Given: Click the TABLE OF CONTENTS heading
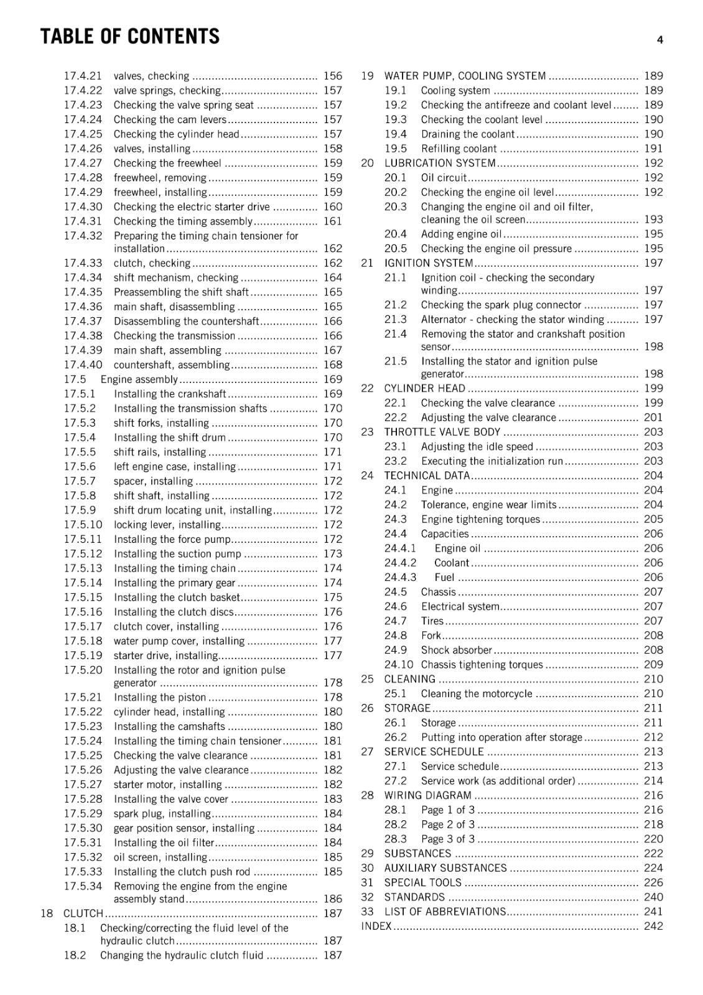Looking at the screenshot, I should (x=129, y=37).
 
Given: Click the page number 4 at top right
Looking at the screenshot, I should (x=659, y=40).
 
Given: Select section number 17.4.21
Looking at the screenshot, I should (x=83, y=76).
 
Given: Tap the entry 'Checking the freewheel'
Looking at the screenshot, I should (x=167, y=163).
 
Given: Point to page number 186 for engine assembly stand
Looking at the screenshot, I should (x=333, y=899).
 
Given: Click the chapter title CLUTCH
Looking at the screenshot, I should (x=83, y=913).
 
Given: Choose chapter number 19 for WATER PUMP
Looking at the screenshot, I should (x=367, y=76).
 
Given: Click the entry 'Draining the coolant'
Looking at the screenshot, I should (x=467, y=134).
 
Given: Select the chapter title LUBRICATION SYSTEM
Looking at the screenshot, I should (x=439, y=163).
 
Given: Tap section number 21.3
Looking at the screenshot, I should (x=395, y=319).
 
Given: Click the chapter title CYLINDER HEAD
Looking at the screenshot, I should (x=424, y=388).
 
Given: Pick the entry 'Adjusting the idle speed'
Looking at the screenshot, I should (x=477, y=447).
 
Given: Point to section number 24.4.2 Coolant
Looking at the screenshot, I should (x=400, y=563).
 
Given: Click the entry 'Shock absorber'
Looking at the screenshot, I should (x=456, y=650).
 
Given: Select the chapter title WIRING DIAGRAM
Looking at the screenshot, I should (x=427, y=795).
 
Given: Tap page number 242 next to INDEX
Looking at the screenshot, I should (x=653, y=926).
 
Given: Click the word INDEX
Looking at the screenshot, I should (x=376, y=926).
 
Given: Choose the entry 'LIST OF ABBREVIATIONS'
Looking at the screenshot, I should (x=445, y=912).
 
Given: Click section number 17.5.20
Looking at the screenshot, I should (x=83, y=670).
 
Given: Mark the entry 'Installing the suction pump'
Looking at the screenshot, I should (x=177, y=553).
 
